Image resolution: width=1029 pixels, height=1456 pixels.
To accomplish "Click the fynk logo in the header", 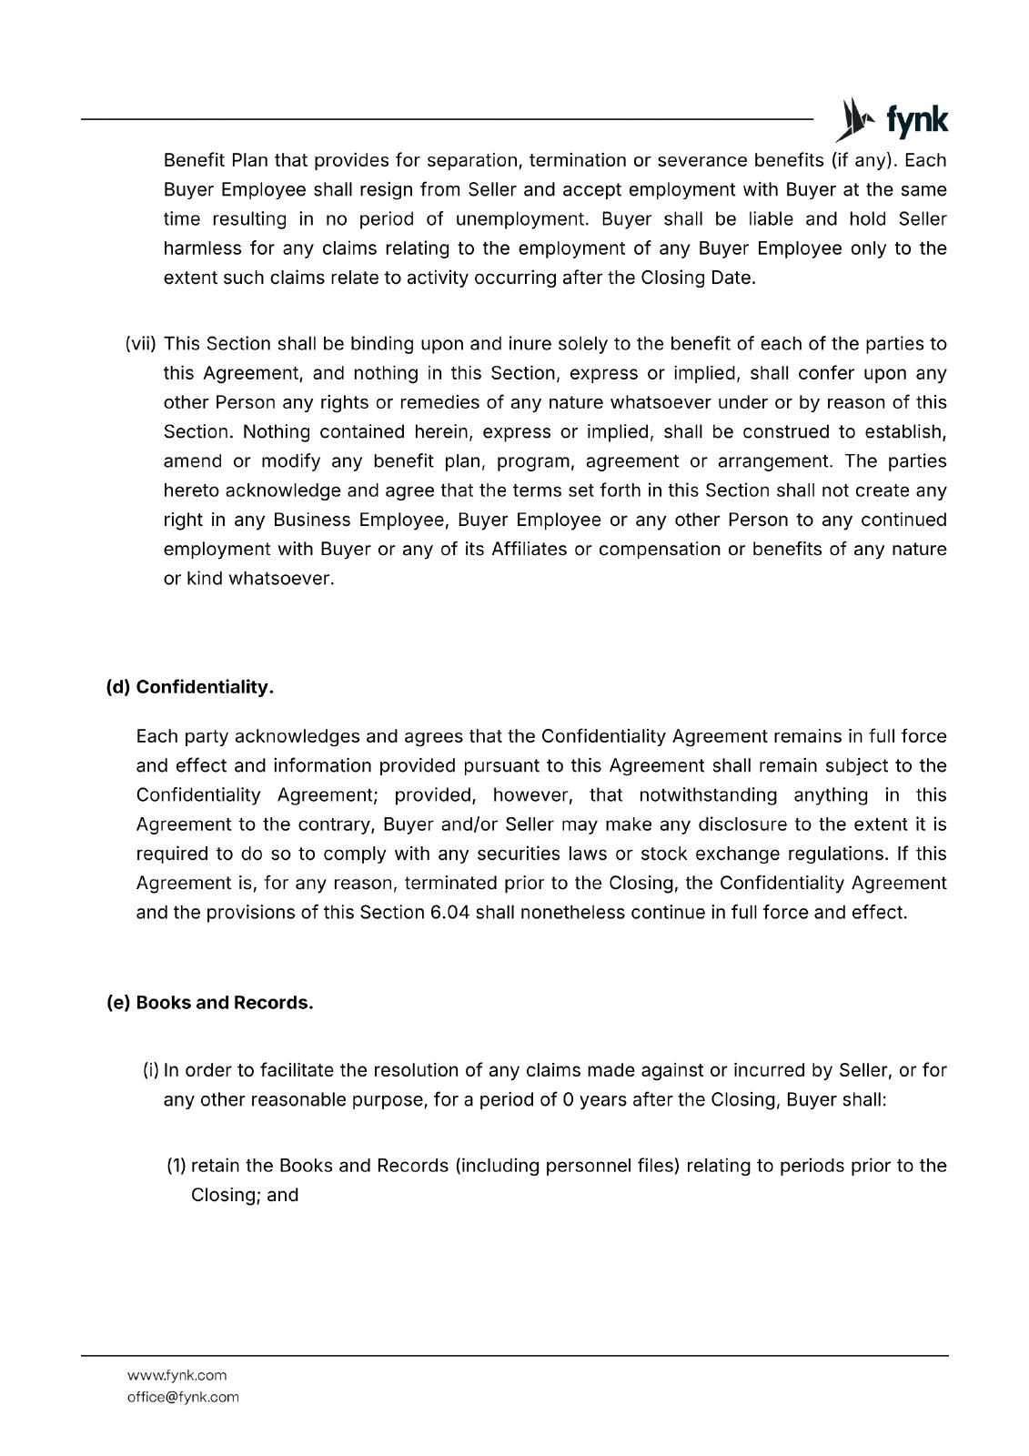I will coord(892,120).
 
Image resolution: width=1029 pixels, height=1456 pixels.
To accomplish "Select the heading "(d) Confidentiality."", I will coord(190,687).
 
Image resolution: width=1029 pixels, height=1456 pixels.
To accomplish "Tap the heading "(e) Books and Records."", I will coord(210,1003).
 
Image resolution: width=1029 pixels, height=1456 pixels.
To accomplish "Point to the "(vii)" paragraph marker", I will coord(141,344).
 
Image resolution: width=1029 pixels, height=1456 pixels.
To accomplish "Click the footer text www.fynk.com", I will coord(177,1375).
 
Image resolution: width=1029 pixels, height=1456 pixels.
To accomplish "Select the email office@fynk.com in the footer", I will coord(183,1397).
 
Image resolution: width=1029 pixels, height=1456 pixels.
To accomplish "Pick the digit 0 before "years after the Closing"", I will coord(568,1099).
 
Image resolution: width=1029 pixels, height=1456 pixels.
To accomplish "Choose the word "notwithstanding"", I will coord(708,795).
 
